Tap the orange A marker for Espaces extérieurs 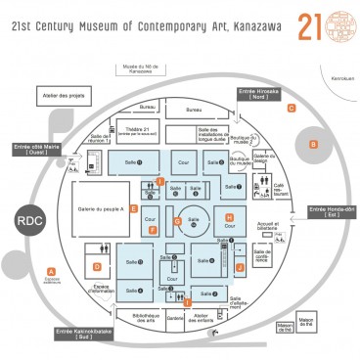coord(51,270)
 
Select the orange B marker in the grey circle coord(313,144)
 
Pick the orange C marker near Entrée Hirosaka coord(292,108)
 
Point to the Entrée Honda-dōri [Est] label coord(332,210)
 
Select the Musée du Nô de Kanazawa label coord(139,68)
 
